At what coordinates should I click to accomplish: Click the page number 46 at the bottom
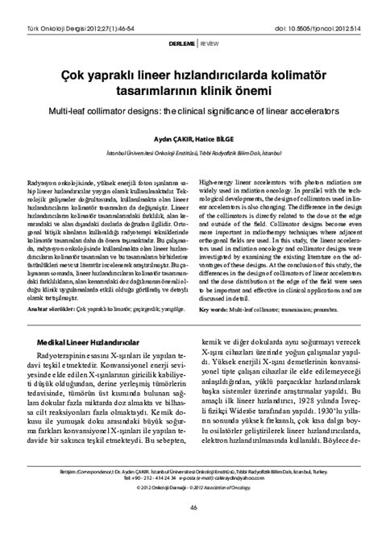(191, 506)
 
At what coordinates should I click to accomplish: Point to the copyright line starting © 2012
(191, 488)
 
